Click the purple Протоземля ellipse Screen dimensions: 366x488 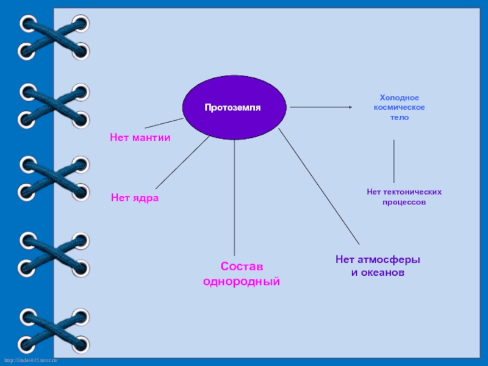point(234,107)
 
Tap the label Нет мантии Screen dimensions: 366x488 point(140,138)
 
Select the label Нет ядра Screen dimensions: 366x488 point(135,198)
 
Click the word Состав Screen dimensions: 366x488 point(241,267)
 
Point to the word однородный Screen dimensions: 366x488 point(241,282)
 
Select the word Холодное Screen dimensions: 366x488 point(400,98)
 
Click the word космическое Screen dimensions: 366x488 point(400,107)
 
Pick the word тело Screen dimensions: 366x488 point(400,117)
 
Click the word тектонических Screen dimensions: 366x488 point(415,192)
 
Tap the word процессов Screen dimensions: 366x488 point(404,202)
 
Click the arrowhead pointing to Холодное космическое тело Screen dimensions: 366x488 point(350,107)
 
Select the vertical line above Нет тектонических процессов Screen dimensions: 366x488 point(393,161)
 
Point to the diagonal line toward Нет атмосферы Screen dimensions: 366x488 point(319,186)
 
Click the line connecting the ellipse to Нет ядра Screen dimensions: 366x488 point(183,162)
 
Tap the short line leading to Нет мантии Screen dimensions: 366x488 point(163,123)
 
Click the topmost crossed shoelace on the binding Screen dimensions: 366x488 point(54,38)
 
